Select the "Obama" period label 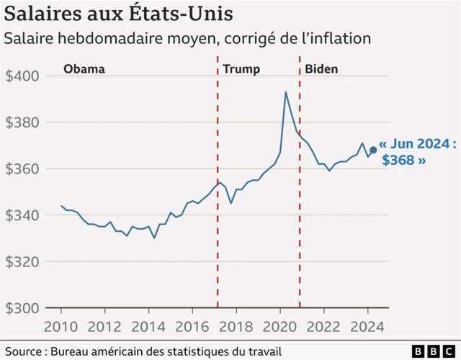[84, 69]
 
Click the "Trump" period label [241, 69]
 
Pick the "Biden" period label [321, 69]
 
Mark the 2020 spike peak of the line [286, 91]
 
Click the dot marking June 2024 [373, 150]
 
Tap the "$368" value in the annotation [398, 161]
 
